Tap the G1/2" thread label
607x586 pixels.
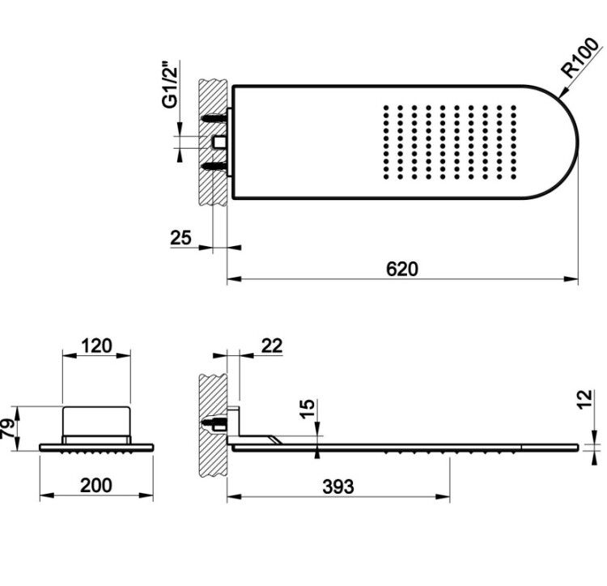click(170, 84)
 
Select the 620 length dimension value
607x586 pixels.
click(402, 269)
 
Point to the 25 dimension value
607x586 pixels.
click(180, 237)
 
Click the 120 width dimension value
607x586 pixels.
click(96, 346)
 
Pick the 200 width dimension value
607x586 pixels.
click(96, 485)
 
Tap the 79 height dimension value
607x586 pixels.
click(9, 428)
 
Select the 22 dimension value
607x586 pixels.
click(272, 346)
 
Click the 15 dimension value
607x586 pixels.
click(308, 409)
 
